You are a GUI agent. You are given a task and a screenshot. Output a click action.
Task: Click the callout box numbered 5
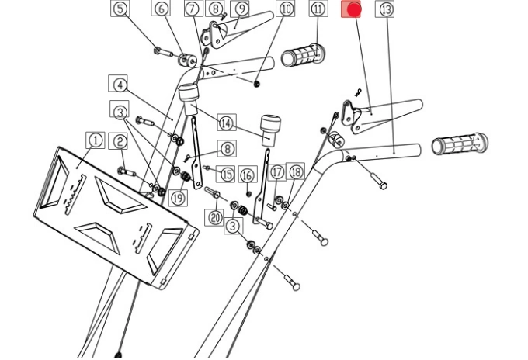[x=120, y=9]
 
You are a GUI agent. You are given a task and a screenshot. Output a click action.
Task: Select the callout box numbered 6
[x=162, y=9]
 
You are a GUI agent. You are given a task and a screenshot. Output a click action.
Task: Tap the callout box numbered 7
[x=193, y=9]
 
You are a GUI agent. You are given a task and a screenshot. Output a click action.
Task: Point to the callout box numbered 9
[x=241, y=9]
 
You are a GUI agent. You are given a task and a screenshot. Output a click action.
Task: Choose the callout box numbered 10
[x=286, y=9]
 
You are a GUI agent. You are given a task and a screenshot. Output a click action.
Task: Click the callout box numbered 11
[x=318, y=9]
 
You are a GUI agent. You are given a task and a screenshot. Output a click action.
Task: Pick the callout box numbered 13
[x=386, y=9]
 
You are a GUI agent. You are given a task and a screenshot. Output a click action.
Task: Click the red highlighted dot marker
[x=353, y=9]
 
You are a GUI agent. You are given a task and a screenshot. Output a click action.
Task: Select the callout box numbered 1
[x=95, y=140]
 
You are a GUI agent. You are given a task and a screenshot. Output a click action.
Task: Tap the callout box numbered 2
[x=120, y=141]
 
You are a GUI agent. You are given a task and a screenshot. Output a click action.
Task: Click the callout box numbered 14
[x=226, y=123]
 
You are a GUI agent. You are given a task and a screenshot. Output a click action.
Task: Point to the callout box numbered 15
[x=227, y=174]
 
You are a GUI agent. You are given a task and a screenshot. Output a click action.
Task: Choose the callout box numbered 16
[x=248, y=175]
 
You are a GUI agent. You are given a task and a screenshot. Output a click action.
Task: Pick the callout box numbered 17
[x=277, y=172]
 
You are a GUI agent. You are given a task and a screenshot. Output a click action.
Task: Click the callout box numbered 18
[x=295, y=171]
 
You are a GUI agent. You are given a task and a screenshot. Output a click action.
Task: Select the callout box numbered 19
[x=179, y=198]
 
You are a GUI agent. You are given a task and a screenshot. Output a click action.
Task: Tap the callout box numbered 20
[x=215, y=217]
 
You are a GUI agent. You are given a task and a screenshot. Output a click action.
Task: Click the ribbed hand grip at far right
[x=460, y=144]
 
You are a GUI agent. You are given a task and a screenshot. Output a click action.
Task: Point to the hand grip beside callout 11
[x=304, y=56]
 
